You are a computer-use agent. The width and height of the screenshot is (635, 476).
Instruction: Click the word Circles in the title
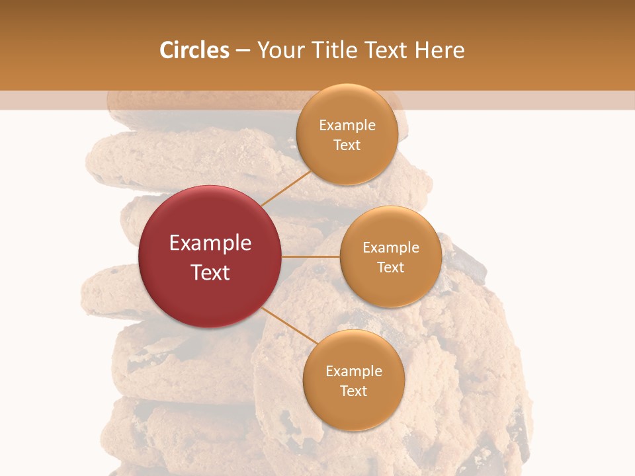pos(194,50)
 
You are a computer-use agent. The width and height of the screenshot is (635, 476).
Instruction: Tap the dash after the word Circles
pos(243,51)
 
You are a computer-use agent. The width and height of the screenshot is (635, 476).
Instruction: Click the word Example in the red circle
pos(210,243)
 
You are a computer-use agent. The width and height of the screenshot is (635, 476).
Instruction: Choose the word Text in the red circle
pos(210,272)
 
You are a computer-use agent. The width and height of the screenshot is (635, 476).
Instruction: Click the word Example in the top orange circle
pos(347,126)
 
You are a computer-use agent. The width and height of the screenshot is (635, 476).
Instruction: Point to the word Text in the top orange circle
pos(347,145)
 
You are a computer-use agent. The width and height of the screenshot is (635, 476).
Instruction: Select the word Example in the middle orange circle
pos(391,248)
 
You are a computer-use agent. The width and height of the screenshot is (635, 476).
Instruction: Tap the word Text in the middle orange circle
pos(391,268)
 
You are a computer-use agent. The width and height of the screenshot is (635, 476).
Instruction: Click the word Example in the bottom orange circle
pos(354,372)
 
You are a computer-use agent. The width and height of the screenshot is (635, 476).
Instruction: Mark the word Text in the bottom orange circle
pos(354,391)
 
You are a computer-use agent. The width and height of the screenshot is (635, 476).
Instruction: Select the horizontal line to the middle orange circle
pos(311,257)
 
